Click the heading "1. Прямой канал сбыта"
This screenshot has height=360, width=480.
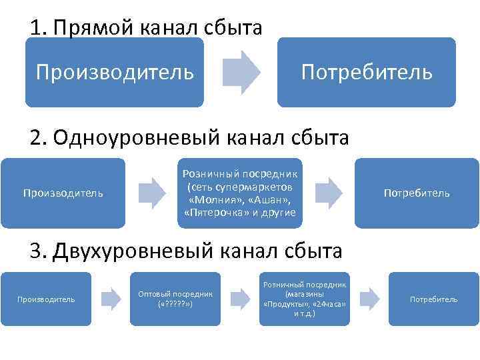[145, 28]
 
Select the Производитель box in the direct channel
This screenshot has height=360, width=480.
[115, 71]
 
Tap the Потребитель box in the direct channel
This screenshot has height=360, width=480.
[367, 71]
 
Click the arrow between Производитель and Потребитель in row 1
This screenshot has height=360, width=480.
[241, 71]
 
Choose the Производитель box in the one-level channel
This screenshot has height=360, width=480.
[63, 193]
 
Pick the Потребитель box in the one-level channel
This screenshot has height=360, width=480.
[417, 193]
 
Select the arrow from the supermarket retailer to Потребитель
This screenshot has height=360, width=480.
[329, 193]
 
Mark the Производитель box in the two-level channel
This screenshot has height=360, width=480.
[46, 299]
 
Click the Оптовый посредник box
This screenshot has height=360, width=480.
[175, 299]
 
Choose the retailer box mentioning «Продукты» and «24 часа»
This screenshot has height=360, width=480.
[305, 299]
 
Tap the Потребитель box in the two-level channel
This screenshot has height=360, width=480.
[433, 299]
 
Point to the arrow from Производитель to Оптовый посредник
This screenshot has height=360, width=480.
[111, 299]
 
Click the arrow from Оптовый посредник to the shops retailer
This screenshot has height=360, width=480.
[240, 299]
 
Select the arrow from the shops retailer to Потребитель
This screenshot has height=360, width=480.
[369, 299]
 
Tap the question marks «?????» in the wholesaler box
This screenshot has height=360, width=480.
[175, 304]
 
